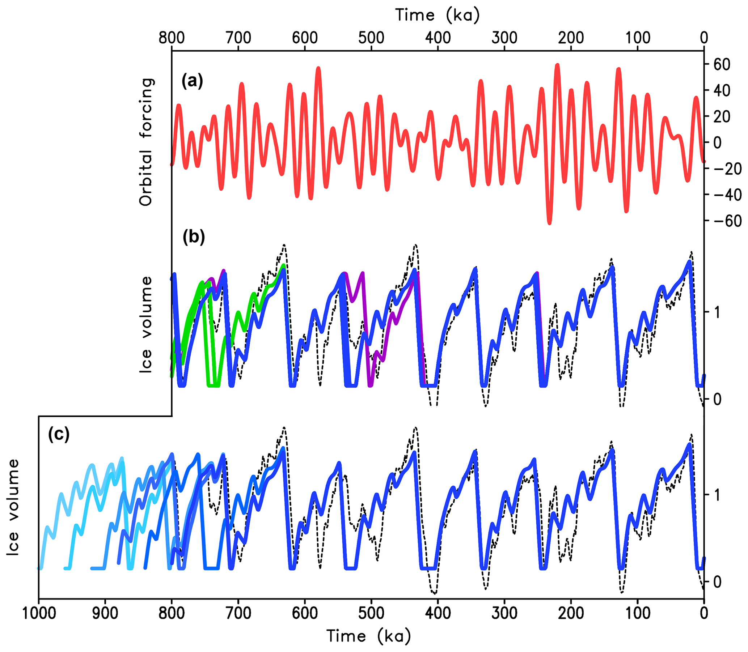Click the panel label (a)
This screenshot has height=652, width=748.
tap(192, 81)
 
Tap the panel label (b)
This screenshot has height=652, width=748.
tap(194, 237)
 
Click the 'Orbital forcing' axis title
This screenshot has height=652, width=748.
tap(146, 142)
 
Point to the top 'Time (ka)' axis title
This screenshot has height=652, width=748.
tap(438, 15)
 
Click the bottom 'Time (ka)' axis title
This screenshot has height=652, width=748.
tap(368, 636)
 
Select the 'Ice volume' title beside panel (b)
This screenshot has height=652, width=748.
tap(146, 324)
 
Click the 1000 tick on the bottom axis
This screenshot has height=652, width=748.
tap(39, 613)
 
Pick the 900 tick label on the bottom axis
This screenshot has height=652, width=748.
tap(105, 613)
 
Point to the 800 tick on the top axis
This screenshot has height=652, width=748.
tap(172, 38)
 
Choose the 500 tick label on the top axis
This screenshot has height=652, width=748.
tap(371, 38)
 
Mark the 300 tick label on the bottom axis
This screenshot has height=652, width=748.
tap(504, 613)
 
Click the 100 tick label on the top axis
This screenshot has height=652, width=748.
tap(637, 38)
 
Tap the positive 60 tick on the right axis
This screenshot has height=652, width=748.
tap(722, 64)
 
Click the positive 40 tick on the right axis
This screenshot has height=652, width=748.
tap(722, 91)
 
